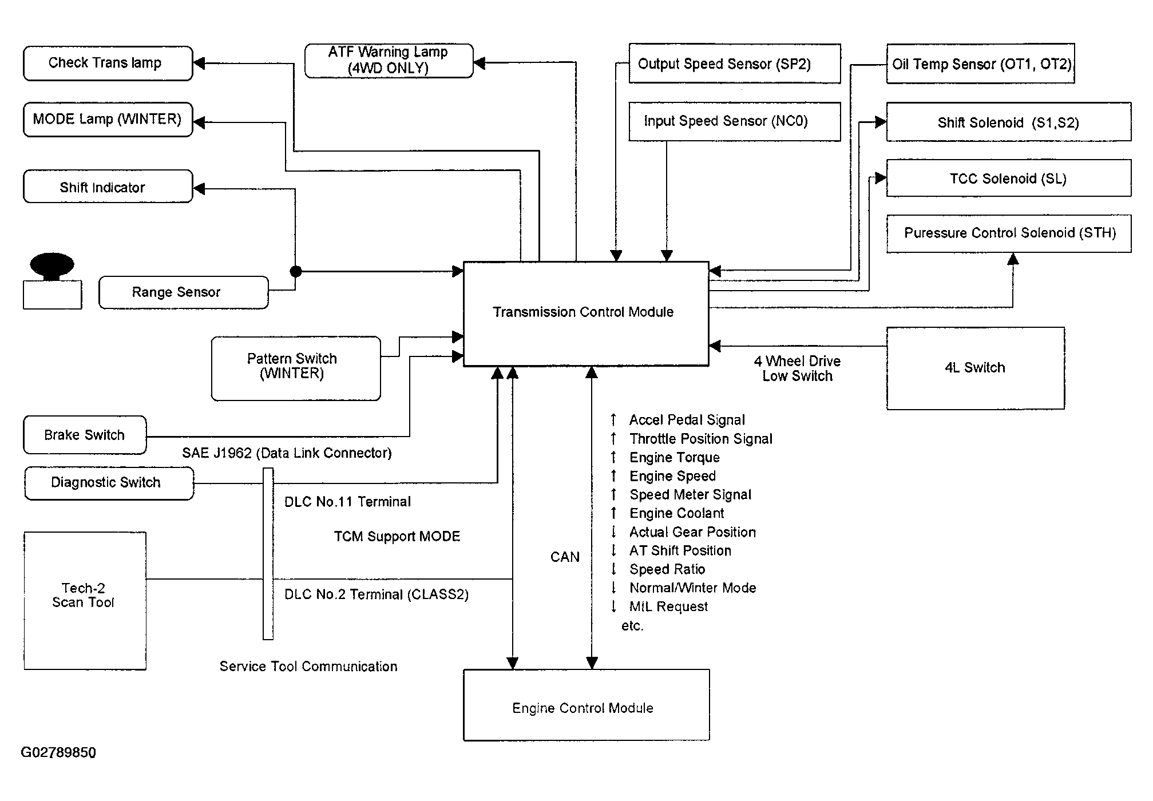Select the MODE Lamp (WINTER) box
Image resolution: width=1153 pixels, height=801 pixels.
click(108, 120)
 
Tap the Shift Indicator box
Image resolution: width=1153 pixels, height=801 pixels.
click(108, 187)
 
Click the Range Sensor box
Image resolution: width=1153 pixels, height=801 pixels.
click(183, 292)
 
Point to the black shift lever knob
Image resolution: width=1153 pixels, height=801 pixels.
click(52, 265)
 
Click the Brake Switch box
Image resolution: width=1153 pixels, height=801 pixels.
click(85, 435)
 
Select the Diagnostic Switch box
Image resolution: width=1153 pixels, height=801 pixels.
click(109, 483)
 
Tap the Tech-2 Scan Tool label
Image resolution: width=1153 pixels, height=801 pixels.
click(84, 595)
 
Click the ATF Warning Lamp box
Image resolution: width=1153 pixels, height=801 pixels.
click(389, 61)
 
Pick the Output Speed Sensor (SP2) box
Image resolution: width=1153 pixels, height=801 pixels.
click(734, 64)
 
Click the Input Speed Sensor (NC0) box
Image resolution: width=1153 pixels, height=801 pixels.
click(734, 121)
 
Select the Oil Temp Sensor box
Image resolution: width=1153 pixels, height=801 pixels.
click(980, 64)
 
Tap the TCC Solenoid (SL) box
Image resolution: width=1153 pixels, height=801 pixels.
click(1008, 179)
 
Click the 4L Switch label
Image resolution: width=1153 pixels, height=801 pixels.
click(975, 368)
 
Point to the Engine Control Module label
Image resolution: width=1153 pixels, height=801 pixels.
click(583, 708)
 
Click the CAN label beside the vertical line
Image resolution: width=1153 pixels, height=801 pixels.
click(565, 557)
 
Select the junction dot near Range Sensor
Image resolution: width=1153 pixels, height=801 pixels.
click(295, 271)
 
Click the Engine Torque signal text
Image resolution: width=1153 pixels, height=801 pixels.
click(675, 458)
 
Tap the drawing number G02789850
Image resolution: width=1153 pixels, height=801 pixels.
click(58, 752)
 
